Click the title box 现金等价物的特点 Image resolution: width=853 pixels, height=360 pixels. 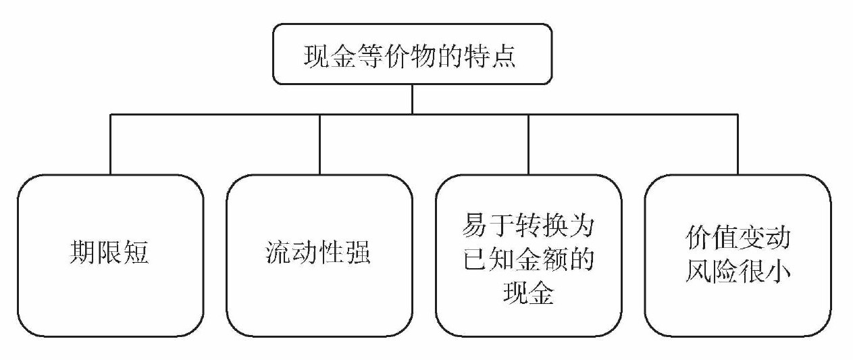pos(411,54)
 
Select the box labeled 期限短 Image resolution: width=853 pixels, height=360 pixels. pos(110,255)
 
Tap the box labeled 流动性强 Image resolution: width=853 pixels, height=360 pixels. pos(319,255)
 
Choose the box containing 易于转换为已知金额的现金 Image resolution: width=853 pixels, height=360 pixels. pos(528,255)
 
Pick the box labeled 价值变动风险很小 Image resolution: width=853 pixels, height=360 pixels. pos(738,255)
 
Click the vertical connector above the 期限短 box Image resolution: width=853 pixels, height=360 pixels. pos(110,145)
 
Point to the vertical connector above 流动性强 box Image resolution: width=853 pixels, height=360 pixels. pos(319,145)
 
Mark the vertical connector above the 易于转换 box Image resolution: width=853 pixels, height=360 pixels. pos(528,145)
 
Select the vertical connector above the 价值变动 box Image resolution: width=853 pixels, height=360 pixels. pos(738,145)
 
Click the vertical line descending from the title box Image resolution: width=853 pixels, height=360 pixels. pos(411,99)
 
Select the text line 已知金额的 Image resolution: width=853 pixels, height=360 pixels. pos(528,261)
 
